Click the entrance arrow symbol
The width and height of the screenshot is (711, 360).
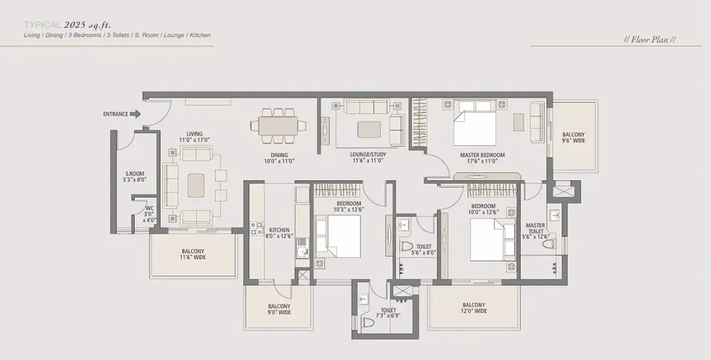tap(135, 114)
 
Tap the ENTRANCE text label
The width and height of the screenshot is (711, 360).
tap(116, 114)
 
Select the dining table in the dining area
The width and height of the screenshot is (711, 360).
tap(278, 126)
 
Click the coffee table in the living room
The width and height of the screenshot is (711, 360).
tap(196, 185)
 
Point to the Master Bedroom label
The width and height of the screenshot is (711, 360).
tap(482, 158)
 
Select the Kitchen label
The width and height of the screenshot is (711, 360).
tap(279, 233)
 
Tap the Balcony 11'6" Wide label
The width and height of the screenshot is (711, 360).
tap(193, 254)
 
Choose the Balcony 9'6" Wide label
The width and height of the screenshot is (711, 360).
tap(573, 138)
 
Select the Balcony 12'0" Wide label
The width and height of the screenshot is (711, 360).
tap(474, 308)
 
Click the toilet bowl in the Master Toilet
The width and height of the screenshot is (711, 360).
tap(549, 244)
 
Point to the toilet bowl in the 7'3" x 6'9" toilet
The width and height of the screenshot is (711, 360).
tap(368, 322)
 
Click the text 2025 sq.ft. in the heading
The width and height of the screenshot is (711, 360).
tap(87, 25)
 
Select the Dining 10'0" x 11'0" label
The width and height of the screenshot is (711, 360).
tap(279, 158)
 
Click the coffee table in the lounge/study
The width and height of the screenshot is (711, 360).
tap(369, 129)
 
